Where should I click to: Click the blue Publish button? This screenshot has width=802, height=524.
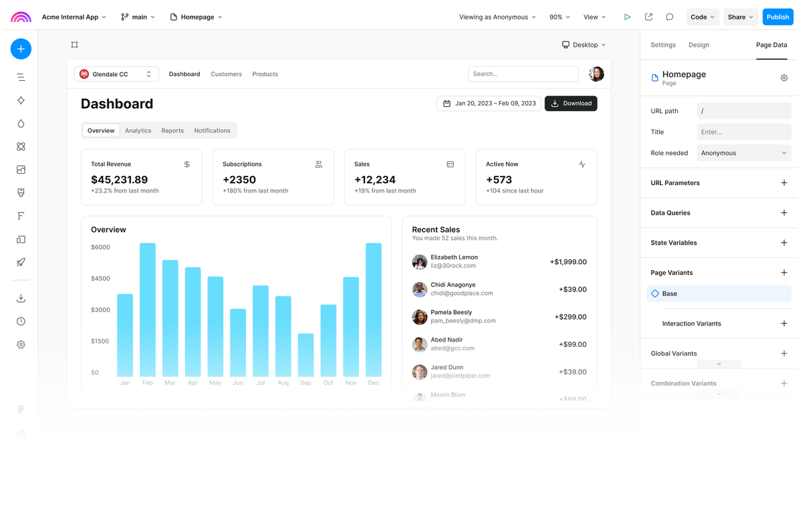pos(777,17)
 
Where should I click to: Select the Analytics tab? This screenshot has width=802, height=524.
pos(138,130)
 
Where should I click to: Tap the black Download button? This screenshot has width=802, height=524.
pos(571,104)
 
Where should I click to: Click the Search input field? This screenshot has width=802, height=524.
pos(523,74)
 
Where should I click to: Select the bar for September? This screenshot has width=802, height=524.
pos(305,355)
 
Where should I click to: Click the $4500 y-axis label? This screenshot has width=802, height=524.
pos(100,279)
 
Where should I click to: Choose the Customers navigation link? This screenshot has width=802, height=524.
pos(226,74)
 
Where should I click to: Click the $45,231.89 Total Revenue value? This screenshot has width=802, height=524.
pos(120,180)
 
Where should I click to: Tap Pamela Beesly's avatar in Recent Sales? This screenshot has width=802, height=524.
pos(420,317)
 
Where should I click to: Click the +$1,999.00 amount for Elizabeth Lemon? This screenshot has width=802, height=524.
pos(568,262)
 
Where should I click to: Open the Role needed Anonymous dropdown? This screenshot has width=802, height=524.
pos(744,153)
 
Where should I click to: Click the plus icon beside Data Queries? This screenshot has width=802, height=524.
pos(784,213)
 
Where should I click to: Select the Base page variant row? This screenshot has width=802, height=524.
pos(718,293)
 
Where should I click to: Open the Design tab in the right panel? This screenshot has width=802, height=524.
pos(698,45)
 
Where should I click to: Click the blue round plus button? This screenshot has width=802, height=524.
pos(21,49)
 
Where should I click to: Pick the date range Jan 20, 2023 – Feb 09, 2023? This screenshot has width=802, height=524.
pos(489,104)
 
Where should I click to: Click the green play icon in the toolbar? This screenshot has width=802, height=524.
pos(627,17)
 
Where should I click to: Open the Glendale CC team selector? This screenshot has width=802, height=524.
pos(116,74)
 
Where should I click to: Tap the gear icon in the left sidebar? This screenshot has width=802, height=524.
pos(21,344)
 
